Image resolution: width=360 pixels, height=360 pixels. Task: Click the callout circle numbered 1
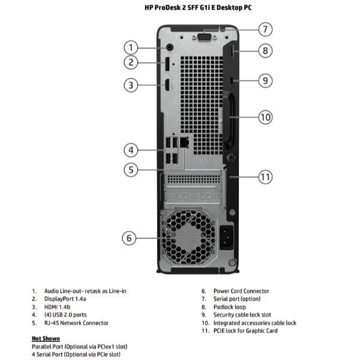pos(131,47)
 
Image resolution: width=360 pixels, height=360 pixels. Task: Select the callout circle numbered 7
pos(266,29)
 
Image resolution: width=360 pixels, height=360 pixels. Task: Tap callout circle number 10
pos(266,116)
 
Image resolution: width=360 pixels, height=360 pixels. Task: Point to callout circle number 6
pos(129,238)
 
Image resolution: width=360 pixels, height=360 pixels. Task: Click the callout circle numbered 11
pos(266,176)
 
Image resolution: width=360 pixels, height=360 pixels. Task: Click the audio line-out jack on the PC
pos(169,47)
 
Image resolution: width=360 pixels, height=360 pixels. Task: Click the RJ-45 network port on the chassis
pos(185,143)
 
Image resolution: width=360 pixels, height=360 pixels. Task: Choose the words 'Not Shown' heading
pos(46,338)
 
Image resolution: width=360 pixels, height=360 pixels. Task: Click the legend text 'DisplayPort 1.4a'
pos(65,299)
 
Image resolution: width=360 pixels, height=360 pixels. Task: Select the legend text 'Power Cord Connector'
pos(241,291)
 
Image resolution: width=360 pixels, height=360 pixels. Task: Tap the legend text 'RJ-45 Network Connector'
pos(76,323)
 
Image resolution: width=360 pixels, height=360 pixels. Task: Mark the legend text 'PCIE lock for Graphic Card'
pos(245,331)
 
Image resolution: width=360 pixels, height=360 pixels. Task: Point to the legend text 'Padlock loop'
pos(230,307)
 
